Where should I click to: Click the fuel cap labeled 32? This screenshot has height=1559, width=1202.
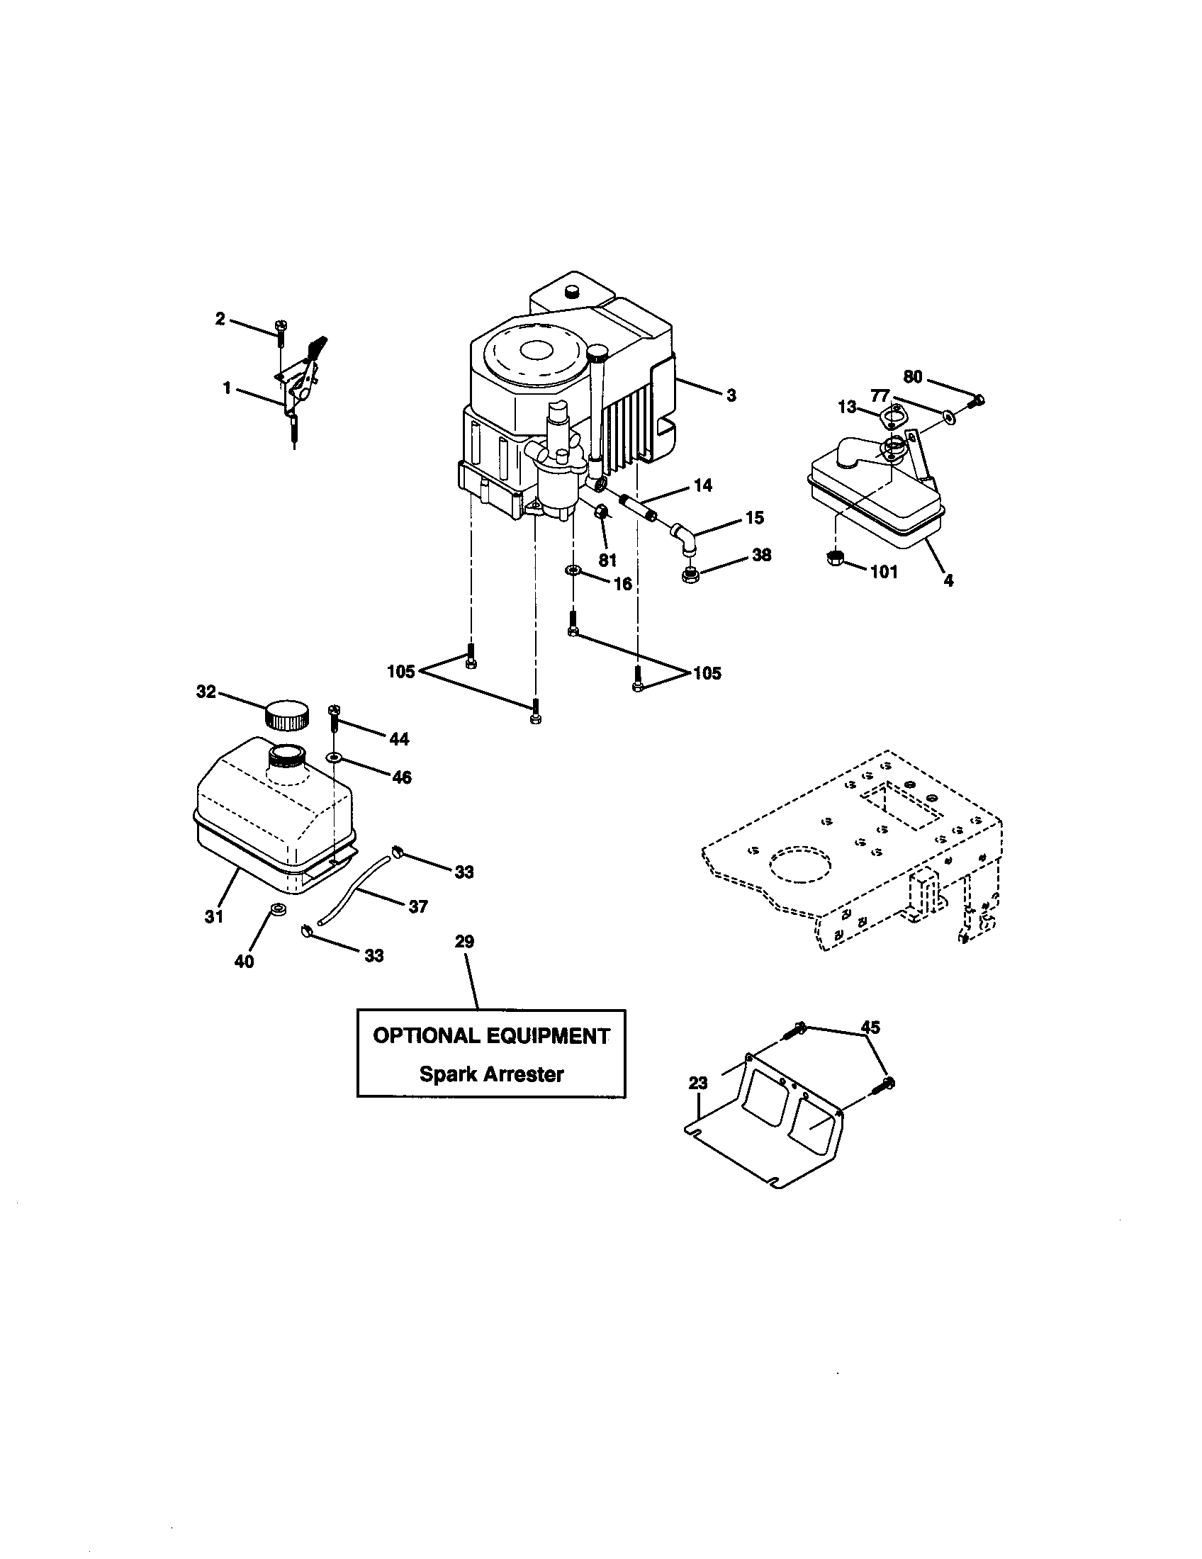click(x=288, y=714)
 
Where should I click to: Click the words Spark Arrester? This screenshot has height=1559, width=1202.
click(x=491, y=1074)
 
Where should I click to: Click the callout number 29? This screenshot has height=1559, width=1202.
click(x=464, y=942)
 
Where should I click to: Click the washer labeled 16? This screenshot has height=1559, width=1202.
click(x=573, y=570)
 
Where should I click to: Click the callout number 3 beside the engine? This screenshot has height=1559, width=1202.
click(x=731, y=395)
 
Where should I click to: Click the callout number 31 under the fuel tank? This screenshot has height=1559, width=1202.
click(x=214, y=916)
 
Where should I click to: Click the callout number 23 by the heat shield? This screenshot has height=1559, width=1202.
click(x=697, y=1083)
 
